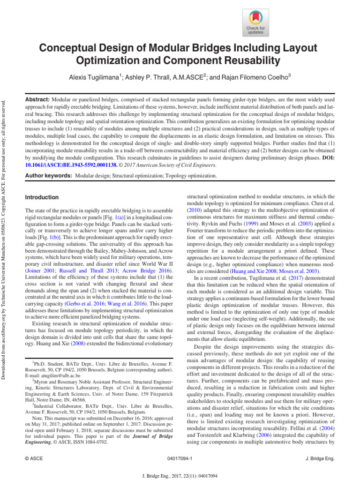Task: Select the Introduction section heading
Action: pyautogui.click(x=42, y=197)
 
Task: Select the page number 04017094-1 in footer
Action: pyautogui.click(x=180, y=457)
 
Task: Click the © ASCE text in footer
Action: pyautogui.click(x=34, y=457)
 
